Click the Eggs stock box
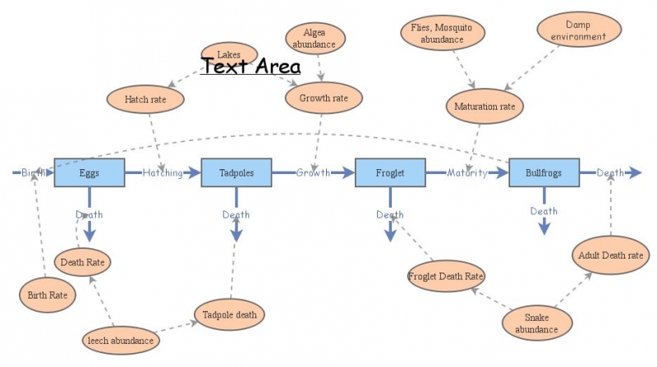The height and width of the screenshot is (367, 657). tap(89, 172)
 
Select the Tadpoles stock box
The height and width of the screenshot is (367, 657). tap(237, 172)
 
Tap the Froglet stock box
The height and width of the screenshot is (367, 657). tap(390, 172)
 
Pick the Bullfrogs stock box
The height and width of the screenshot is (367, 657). tap(544, 172)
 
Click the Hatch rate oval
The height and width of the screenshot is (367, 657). tap(145, 99)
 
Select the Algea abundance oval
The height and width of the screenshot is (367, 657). tap(315, 38)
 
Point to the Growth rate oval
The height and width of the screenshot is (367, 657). tap(318, 99)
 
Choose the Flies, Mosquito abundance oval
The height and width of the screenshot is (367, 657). tap(442, 34)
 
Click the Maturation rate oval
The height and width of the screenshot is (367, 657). tap(484, 105)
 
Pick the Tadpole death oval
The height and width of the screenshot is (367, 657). tap(229, 314)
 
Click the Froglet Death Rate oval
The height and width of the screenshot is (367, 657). tap(446, 275)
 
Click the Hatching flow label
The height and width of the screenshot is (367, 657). tap(163, 172)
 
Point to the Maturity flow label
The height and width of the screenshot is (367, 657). tap(467, 172)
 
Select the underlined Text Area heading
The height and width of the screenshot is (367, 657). tap(251, 67)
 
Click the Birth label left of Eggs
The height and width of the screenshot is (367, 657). tap(34, 172)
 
